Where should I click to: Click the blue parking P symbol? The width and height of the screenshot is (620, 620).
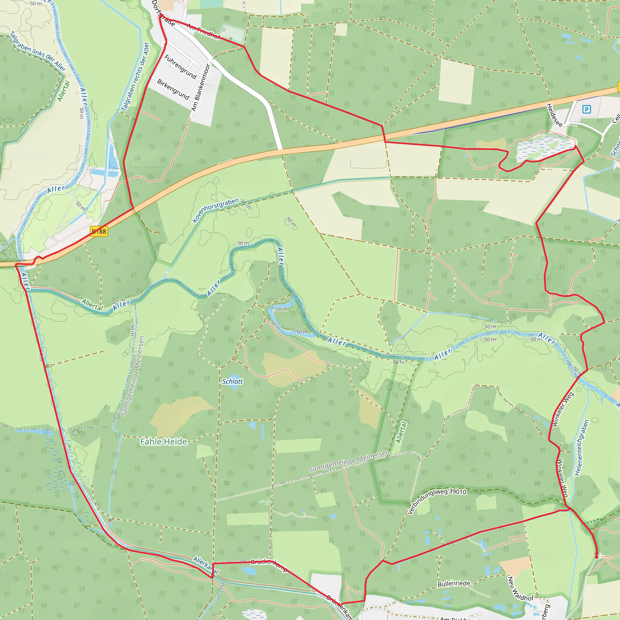[x=586, y=109]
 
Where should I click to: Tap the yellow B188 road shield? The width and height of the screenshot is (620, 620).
[x=99, y=231]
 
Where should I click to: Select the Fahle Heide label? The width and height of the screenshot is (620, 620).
[x=164, y=442]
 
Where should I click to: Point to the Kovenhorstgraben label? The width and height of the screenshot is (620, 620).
[x=216, y=210]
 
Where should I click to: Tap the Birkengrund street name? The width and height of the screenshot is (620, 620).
[x=173, y=89]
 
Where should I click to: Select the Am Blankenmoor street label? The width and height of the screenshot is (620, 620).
[x=201, y=87]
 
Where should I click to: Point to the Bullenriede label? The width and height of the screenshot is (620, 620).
[x=454, y=583]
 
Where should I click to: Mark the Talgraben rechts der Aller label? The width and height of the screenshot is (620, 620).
[x=135, y=76]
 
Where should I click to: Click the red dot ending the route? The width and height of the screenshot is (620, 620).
[x=597, y=557]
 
